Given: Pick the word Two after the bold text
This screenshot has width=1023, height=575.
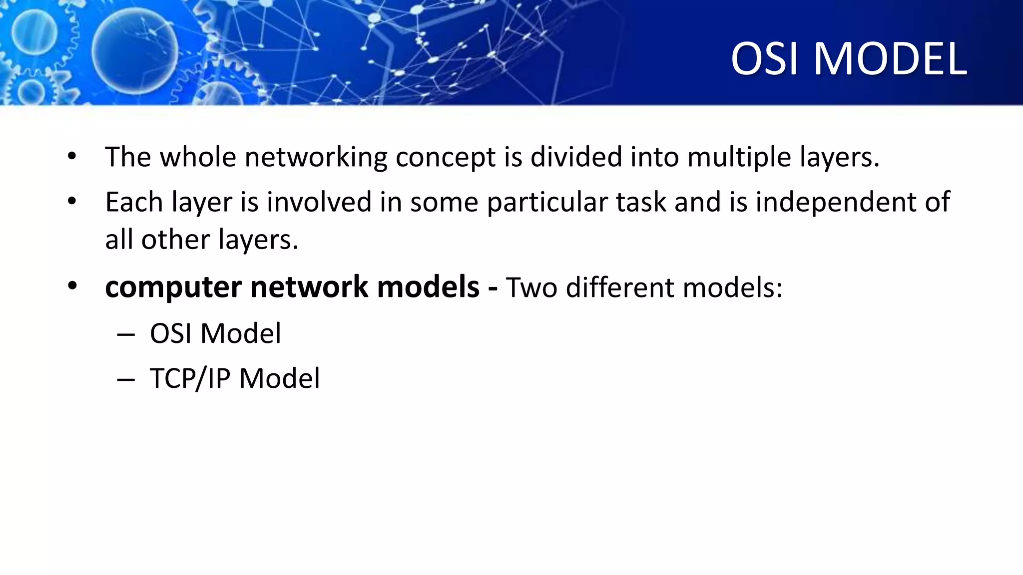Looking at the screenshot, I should [x=531, y=287].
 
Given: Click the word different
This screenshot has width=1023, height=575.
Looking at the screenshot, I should [x=620, y=287].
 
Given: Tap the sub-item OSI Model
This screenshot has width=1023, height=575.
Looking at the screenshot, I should [x=215, y=333].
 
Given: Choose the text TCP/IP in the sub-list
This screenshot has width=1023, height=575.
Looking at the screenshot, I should [x=190, y=378].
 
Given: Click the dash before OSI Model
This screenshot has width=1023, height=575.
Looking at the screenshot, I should [x=126, y=334].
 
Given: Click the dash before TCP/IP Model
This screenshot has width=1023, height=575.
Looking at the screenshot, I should [x=126, y=379].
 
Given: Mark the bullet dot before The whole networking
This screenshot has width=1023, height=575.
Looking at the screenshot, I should [x=72, y=157].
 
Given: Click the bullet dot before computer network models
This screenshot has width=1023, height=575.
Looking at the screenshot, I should [x=72, y=287].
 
